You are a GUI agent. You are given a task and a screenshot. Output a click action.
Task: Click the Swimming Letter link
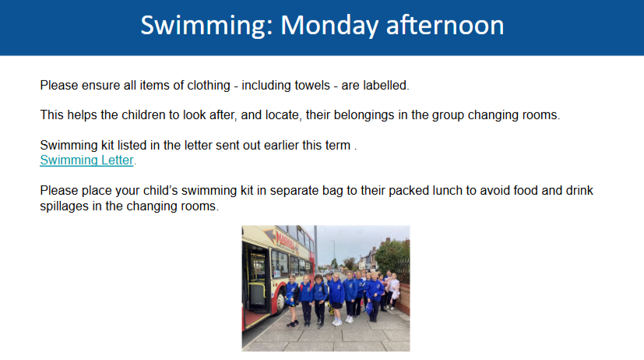(x=86, y=160)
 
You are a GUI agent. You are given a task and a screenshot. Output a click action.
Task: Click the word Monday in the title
(x=329, y=26)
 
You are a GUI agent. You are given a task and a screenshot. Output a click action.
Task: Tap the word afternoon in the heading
(x=445, y=26)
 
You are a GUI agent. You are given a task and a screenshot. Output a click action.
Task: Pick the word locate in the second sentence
(x=282, y=115)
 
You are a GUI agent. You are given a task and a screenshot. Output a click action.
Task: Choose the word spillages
(x=64, y=206)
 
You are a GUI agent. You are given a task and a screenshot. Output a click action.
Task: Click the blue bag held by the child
(x=369, y=308)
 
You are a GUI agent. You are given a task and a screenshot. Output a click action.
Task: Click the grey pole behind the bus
(x=315, y=246)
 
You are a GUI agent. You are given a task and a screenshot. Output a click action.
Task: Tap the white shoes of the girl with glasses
(x=337, y=323)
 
